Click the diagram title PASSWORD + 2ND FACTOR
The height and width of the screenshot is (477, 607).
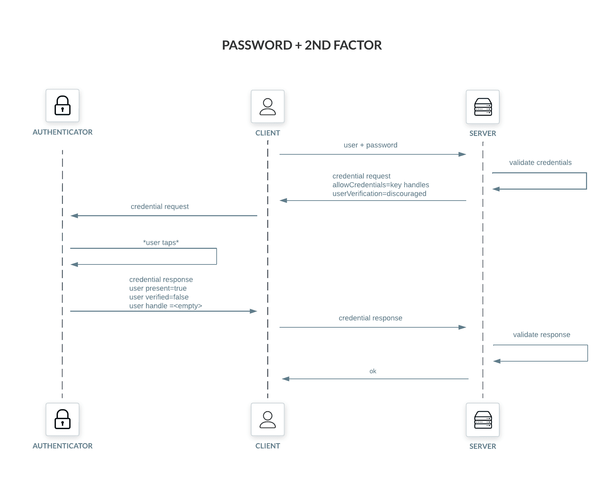302,45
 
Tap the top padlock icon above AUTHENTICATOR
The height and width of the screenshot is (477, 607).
63,105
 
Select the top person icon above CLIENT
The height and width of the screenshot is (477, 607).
268,106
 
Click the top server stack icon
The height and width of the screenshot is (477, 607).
483,107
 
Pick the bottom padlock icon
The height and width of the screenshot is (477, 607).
63,419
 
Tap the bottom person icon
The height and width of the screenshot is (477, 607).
268,419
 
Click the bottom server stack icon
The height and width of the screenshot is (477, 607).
483,420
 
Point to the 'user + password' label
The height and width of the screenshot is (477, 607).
370,145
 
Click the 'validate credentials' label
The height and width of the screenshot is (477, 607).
540,163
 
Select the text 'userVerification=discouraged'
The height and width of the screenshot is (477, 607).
379,194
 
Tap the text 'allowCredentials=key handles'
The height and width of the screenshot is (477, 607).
380,185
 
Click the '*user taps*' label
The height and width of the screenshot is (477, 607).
161,242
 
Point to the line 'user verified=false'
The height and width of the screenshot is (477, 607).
159,297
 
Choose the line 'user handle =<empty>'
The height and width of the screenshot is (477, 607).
165,306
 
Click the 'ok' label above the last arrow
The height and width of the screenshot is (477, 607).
373,371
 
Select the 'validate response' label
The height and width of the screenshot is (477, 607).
541,335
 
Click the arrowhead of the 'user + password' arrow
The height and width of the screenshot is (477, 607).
462,154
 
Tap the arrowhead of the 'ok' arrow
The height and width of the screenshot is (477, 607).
286,379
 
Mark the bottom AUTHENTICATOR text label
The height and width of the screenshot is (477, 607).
63,446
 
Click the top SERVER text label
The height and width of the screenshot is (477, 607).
483,133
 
